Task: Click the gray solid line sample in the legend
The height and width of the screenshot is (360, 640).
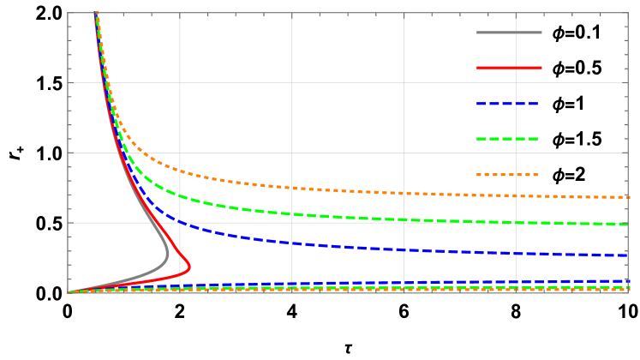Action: tap(509, 33)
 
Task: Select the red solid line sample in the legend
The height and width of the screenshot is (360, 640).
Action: tap(509, 68)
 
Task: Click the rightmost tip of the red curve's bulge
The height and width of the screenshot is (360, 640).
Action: tap(189, 267)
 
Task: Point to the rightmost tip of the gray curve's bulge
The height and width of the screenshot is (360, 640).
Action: tap(168, 254)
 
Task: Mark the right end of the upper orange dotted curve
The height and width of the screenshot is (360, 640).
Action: tap(628, 197)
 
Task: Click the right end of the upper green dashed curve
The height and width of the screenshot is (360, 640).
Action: tap(628, 224)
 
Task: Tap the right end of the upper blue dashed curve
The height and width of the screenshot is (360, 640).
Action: tap(628, 255)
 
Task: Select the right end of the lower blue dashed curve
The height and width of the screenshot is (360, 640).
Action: tap(628, 280)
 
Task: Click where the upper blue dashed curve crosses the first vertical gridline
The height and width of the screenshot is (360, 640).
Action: tap(180, 222)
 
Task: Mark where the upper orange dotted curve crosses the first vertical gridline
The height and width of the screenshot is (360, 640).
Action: tap(180, 171)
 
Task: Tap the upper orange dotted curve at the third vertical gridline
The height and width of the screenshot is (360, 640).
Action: tap(404, 193)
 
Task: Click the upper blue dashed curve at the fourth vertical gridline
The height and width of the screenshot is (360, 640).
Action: tap(516, 253)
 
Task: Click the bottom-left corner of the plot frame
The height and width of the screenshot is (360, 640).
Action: tap(68, 292)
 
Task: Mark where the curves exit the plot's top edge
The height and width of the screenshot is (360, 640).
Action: tap(95, 13)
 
